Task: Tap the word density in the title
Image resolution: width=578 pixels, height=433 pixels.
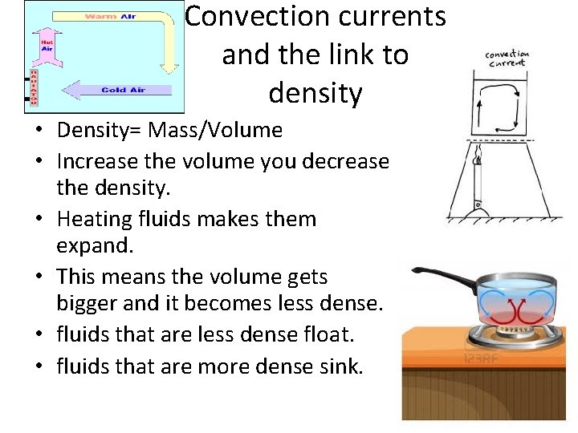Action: point(315,94)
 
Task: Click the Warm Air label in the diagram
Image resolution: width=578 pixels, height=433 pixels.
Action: point(110,17)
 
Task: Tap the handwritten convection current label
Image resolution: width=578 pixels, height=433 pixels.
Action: point(507,59)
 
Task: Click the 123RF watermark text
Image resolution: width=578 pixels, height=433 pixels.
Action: point(480,360)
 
